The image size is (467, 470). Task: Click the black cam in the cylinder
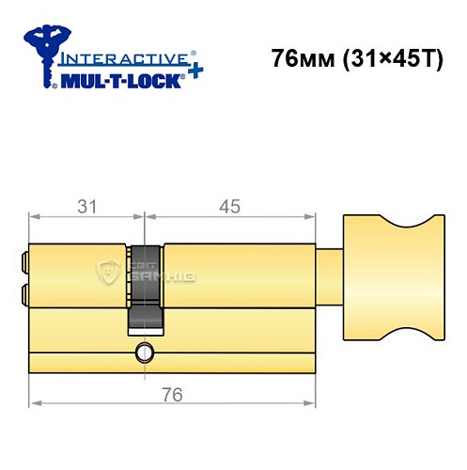144,287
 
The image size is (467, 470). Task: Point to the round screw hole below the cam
144,353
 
